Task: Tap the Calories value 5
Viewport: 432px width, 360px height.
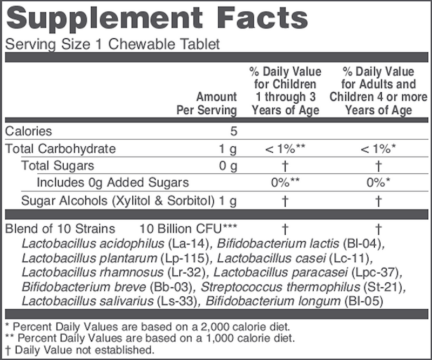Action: click(233, 131)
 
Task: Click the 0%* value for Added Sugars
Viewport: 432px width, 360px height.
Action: click(378, 184)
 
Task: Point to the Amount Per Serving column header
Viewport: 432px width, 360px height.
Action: click(207, 104)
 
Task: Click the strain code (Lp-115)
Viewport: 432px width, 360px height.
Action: click(155, 257)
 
